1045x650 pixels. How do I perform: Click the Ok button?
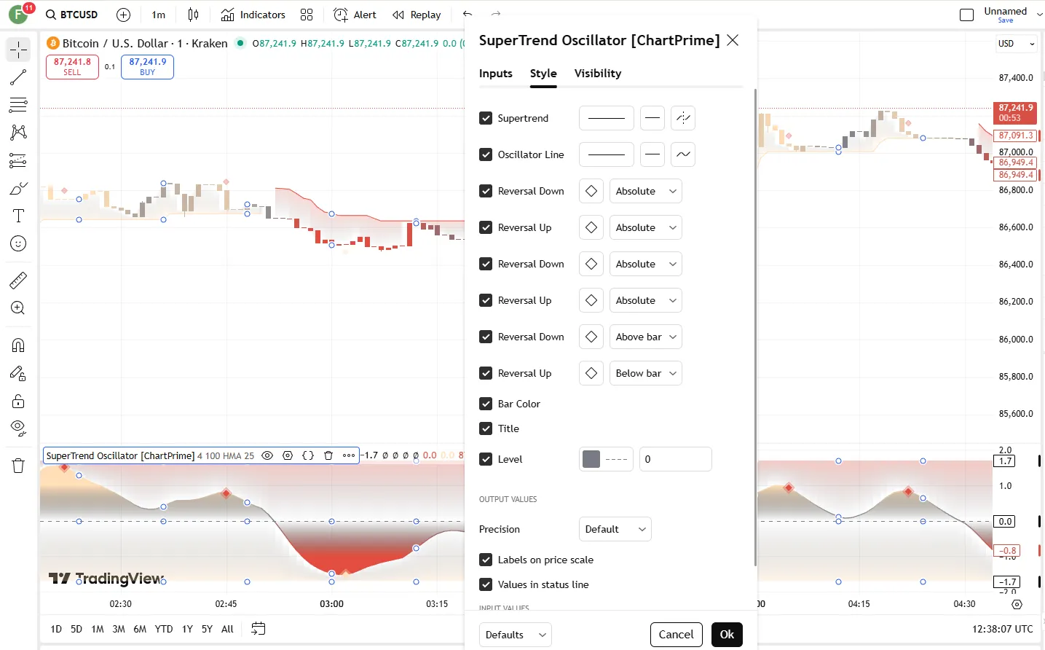point(727,635)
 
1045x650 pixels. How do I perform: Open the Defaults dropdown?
point(515,635)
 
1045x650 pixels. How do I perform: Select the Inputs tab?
point(495,74)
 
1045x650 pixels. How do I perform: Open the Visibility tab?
point(597,74)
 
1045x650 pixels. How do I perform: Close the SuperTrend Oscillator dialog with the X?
point(733,40)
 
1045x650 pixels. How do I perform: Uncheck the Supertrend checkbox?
point(486,118)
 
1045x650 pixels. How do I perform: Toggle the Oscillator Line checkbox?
point(486,154)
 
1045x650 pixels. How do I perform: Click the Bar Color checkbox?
point(486,404)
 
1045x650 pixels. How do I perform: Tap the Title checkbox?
point(486,428)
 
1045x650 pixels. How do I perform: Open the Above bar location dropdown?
point(645,337)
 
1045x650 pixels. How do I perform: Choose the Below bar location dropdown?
point(645,373)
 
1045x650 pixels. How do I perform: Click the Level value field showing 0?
point(675,459)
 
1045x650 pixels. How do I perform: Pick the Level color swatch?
point(591,459)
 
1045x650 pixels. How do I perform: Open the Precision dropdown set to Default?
point(615,529)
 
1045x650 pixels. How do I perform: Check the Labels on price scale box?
point(486,560)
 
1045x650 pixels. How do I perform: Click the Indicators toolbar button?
point(253,15)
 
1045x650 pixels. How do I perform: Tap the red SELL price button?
point(72,66)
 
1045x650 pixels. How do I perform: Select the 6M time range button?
point(140,629)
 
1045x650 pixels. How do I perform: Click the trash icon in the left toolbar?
point(18,466)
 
